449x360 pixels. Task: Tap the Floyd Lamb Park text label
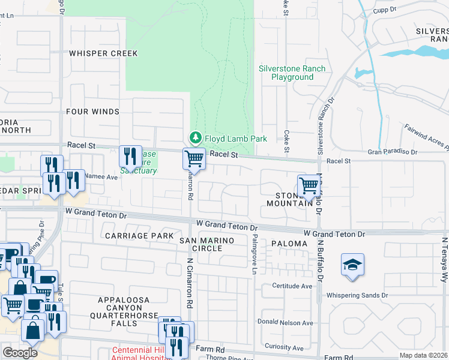(235, 139)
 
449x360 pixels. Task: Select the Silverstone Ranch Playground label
(292, 73)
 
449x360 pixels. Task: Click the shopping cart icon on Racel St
(194, 159)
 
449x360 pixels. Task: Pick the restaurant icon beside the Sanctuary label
(130, 157)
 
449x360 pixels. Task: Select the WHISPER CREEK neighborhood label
(103, 53)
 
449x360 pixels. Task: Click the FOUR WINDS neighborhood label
(92, 112)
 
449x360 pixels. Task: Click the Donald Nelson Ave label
(285, 323)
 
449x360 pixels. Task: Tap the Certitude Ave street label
(292, 286)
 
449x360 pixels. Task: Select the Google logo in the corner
(20, 353)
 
